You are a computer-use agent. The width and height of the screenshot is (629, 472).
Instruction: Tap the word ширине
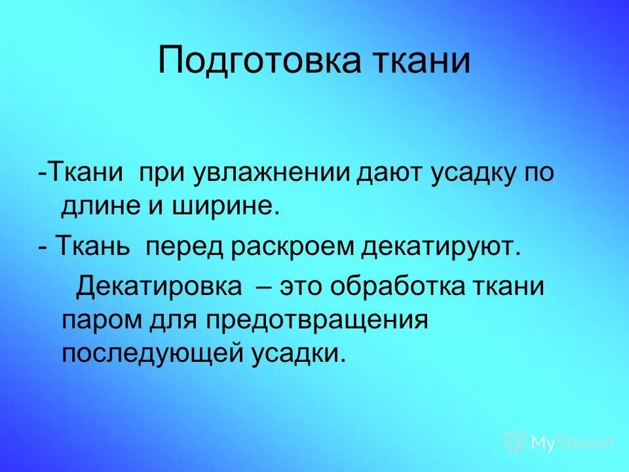click(x=229, y=207)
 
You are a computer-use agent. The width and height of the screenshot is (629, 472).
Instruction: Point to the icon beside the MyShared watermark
click(x=514, y=442)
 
